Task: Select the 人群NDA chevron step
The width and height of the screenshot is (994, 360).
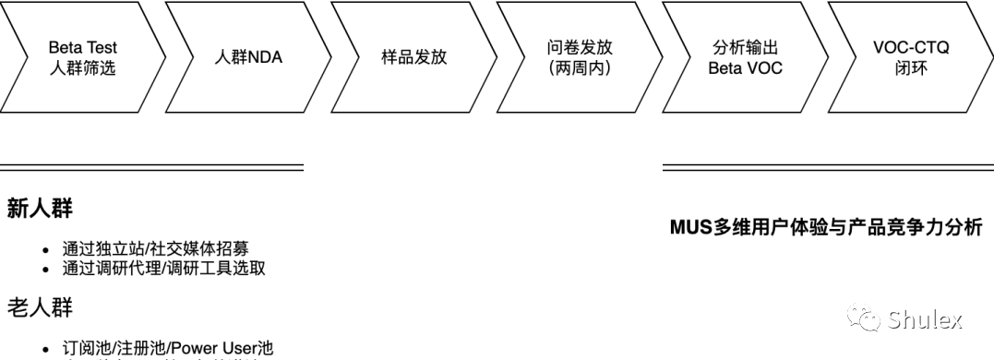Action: (248, 57)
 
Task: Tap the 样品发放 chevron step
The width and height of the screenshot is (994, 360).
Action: (413, 57)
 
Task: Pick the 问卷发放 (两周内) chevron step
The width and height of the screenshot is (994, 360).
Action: (579, 57)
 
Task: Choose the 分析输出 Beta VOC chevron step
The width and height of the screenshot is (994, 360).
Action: (745, 57)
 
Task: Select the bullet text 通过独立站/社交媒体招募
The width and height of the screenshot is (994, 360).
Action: (155, 248)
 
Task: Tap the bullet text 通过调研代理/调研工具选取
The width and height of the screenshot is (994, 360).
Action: (164, 268)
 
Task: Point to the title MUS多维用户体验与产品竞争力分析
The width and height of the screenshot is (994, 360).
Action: (826, 227)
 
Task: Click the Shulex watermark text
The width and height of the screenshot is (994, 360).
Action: (925, 320)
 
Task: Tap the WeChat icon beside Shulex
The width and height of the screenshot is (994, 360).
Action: (866, 319)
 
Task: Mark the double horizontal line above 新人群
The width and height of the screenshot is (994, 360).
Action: (151, 168)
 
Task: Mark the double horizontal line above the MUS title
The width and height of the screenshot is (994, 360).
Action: (828, 168)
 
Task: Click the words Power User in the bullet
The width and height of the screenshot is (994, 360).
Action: (217, 348)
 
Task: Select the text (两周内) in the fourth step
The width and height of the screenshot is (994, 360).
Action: (579, 67)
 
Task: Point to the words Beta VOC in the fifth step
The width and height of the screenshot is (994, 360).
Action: (745, 67)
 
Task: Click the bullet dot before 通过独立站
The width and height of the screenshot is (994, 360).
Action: (46, 249)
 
